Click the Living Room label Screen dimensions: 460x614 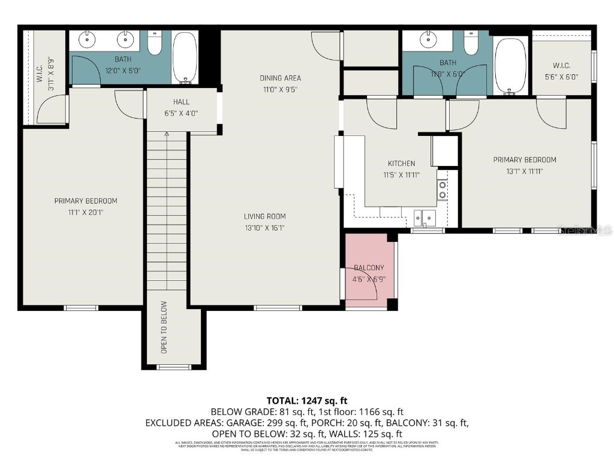[264, 216]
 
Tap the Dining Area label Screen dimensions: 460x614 [280, 78]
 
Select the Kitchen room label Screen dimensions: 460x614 [401, 164]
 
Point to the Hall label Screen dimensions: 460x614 [181, 102]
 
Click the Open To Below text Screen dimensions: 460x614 [164, 335]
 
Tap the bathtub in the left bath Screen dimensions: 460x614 [185, 57]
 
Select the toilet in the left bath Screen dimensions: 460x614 [155, 43]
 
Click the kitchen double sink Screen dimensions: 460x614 [425, 217]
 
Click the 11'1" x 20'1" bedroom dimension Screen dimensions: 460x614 [86, 211]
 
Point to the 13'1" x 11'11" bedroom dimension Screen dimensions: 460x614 [525, 171]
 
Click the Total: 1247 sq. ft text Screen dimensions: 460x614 [306, 401]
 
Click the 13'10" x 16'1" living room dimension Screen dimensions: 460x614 [264, 227]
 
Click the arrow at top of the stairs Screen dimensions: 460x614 [167, 135]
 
